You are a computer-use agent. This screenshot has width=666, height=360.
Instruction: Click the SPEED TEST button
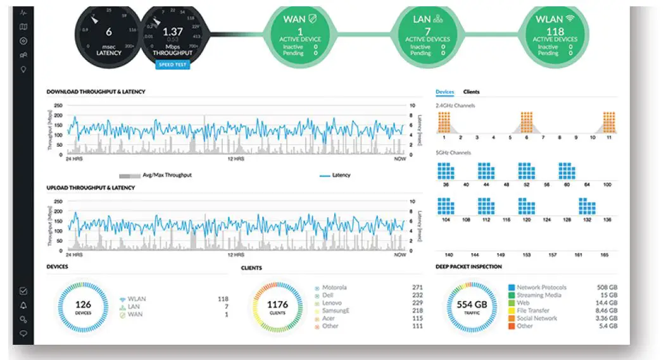click(x=172, y=65)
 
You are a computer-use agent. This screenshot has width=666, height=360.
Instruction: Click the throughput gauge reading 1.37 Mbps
click(x=172, y=33)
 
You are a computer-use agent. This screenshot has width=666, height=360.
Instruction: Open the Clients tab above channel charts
click(x=471, y=92)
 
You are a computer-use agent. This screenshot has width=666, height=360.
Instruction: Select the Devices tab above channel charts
click(x=444, y=92)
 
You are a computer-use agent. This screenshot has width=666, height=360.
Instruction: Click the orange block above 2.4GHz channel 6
click(x=526, y=122)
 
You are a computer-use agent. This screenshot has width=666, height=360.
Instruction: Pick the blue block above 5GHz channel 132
click(x=587, y=206)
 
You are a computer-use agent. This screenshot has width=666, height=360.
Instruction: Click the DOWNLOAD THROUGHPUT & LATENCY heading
click(x=96, y=92)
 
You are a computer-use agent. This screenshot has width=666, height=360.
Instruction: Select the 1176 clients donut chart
click(x=277, y=307)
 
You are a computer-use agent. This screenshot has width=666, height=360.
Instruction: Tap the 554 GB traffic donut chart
click(x=472, y=307)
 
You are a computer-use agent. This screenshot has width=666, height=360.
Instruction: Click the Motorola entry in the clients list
click(x=334, y=288)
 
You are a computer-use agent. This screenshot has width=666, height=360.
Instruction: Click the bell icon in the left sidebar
click(x=23, y=305)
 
